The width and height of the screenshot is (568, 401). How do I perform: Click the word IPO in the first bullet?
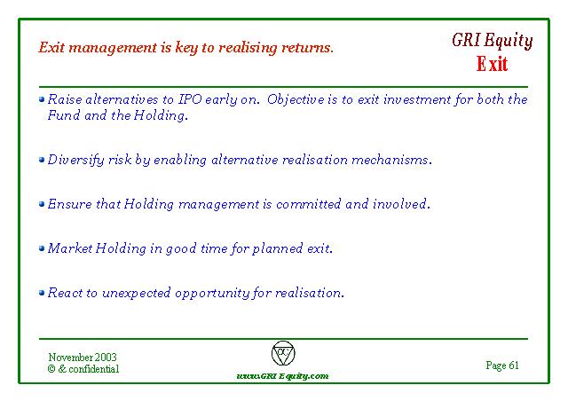[190, 99]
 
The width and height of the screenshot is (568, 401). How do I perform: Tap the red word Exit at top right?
[492, 64]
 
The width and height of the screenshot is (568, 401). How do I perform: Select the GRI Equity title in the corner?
[492, 41]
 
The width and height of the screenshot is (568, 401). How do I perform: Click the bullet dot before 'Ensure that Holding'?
[42, 204]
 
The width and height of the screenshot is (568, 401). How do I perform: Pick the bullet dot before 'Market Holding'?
[42, 248]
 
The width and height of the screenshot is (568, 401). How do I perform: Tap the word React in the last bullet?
[65, 293]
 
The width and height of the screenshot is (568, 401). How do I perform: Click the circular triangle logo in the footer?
[283, 353]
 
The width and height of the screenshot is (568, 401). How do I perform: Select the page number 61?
[514, 366]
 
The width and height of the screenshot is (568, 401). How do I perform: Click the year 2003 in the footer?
[106, 358]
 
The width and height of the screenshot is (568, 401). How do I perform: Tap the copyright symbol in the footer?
[51, 369]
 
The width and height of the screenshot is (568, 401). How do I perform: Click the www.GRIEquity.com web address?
[282, 376]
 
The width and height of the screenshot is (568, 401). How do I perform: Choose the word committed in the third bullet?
[308, 204]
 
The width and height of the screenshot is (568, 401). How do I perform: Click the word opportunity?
[212, 293]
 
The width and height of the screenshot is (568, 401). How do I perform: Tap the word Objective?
[296, 99]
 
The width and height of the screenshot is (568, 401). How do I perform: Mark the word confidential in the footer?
[94, 369]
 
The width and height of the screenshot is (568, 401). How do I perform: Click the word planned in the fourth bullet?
[278, 249]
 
